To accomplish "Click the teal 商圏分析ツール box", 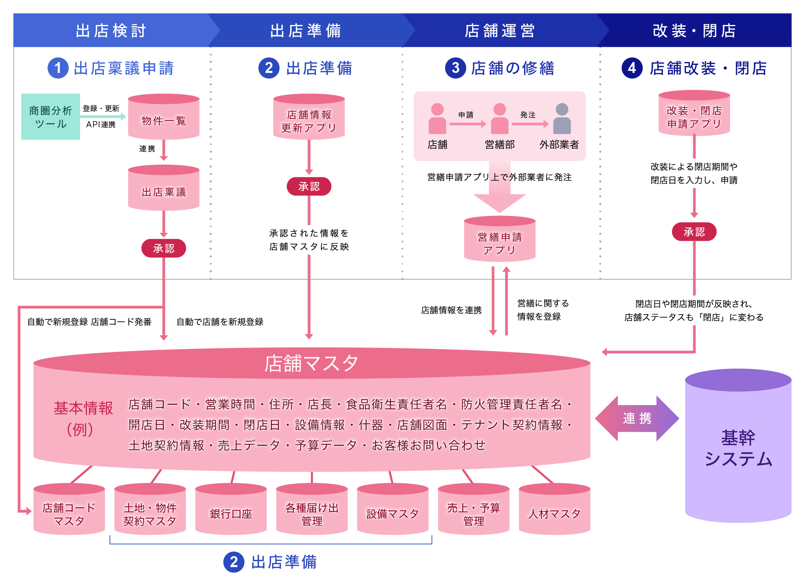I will (x=50, y=117).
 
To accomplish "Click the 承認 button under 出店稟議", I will (x=163, y=248).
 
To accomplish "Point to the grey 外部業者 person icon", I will (x=562, y=119).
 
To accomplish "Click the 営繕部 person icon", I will (x=500, y=119).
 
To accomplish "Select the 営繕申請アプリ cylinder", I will (x=500, y=240).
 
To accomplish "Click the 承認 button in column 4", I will (x=694, y=232).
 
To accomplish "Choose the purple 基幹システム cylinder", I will (x=738, y=447).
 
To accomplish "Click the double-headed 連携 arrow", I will (x=637, y=418).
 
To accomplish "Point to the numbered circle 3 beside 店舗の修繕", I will (x=455, y=68).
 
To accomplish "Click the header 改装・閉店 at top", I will (x=694, y=31).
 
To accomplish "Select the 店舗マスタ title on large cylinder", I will (x=311, y=363).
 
